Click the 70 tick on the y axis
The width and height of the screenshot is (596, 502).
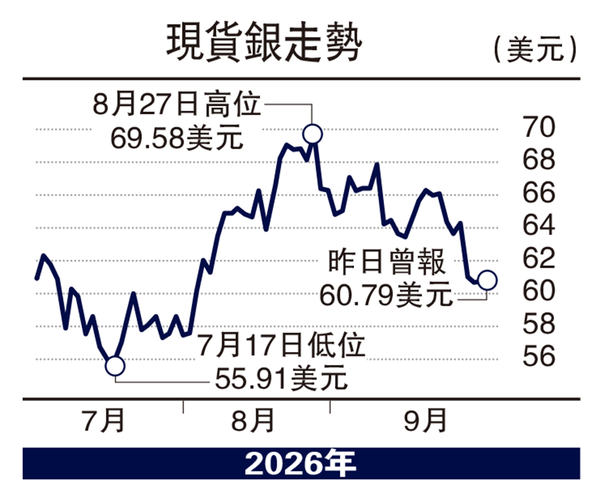pyautogui.click(x=539, y=127)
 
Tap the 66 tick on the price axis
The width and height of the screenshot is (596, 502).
pyautogui.click(x=539, y=193)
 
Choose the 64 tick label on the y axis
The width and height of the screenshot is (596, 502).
pyautogui.click(x=539, y=226)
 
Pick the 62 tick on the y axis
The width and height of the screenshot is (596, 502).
pyautogui.click(x=539, y=259)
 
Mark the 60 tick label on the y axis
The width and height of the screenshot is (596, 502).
pyautogui.click(x=539, y=291)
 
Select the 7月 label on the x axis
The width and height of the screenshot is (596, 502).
pyautogui.click(x=104, y=421)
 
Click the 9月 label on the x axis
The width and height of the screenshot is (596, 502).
pyautogui.click(x=425, y=421)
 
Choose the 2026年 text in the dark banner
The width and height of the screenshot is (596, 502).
pyautogui.click(x=300, y=464)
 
